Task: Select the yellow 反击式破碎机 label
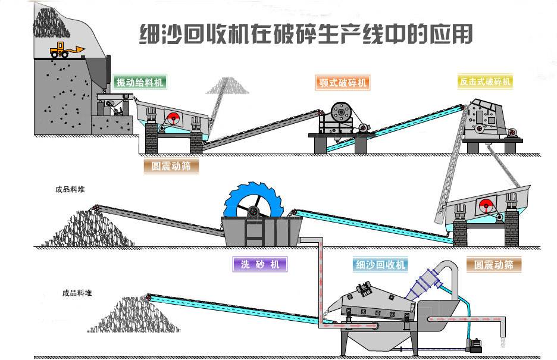[x=486, y=82]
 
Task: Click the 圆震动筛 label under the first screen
[x=171, y=166]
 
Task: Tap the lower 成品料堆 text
[x=77, y=293]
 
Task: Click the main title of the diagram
[x=305, y=34]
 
